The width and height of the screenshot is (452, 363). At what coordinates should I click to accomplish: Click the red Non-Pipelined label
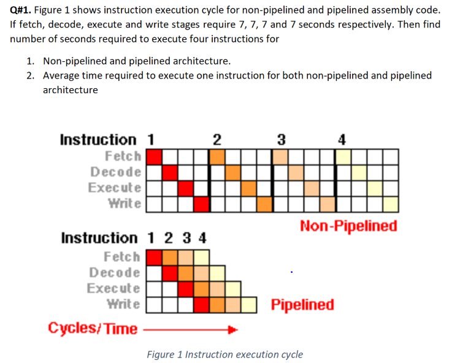[348, 226]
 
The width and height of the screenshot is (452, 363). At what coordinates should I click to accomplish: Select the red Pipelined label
[303, 305]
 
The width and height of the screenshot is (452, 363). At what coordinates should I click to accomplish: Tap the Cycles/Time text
[93, 329]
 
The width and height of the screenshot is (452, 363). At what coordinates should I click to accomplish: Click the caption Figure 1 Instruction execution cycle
[224, 354]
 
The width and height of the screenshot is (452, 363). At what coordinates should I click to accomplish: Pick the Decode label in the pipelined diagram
[115, 272]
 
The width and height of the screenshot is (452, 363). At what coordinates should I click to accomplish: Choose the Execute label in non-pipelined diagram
[115, 187]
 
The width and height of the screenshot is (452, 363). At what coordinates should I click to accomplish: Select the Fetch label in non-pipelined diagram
[123, 156]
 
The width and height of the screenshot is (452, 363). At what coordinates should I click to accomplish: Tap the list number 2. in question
[31, 75]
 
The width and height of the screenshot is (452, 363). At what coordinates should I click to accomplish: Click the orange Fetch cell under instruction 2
[217, 156]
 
